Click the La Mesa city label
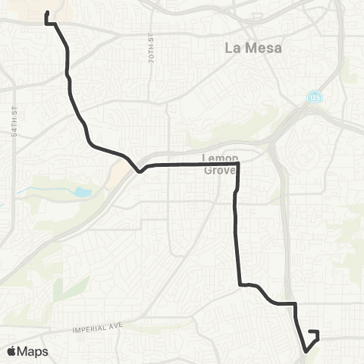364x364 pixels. pos(253,48)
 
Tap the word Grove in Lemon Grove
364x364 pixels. pos(221,170)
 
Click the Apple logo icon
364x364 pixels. pos(11,351)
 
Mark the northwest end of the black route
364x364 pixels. pos(47,14)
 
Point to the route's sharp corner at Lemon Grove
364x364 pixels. pos(238,164)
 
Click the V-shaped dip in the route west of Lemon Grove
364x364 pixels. pos(139,171)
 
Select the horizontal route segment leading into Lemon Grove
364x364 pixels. pos(190,164)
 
